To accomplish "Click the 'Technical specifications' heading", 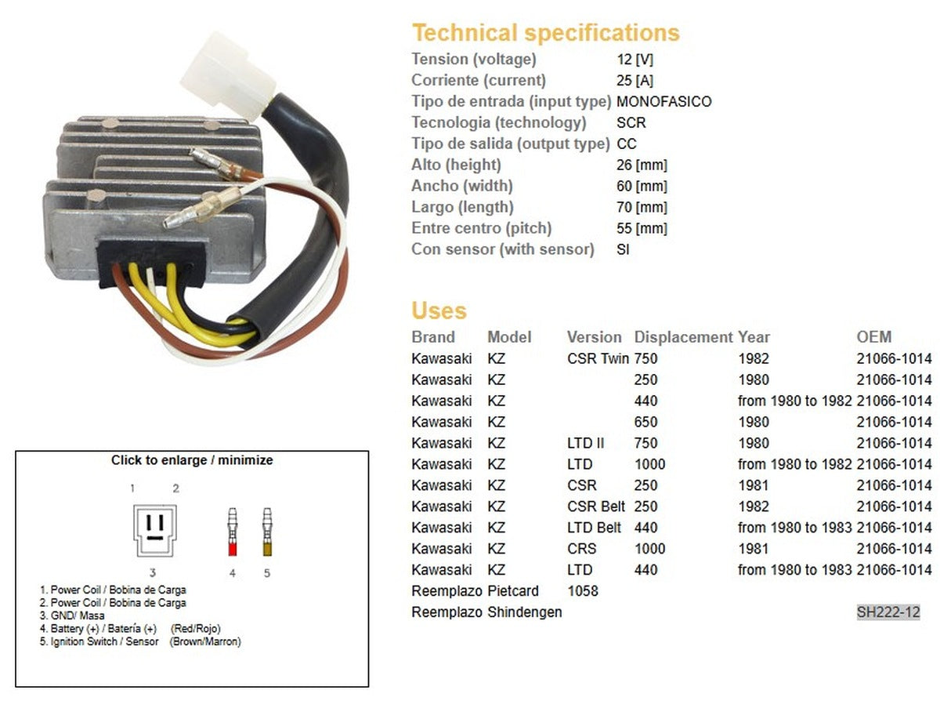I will coord(545,33).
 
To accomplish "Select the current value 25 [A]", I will coord(634,80).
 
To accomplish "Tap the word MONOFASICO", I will coord(663,101).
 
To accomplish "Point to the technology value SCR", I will coord(631,122).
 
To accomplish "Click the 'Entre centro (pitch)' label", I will coord(481,228).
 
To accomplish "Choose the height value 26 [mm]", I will coord(642,165).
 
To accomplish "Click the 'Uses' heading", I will coord(439,310).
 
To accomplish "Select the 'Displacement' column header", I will coord(683,337).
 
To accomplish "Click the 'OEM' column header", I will coord(873,337).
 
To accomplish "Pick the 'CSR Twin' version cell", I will coord(598,358).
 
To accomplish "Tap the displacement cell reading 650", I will coord(645,422).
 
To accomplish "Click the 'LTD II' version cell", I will coord(585,443).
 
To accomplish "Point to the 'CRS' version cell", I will coord(581,549).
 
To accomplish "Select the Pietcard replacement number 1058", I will coord(582,591).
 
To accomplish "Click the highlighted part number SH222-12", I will coord(888,612).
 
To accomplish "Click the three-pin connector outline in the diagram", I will coord(154,530).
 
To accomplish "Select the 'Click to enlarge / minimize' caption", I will coord(192,460).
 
